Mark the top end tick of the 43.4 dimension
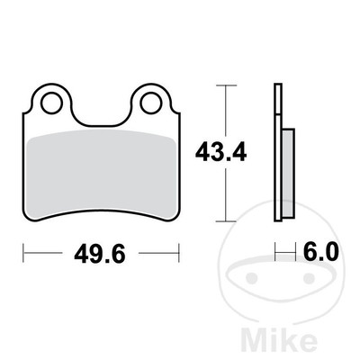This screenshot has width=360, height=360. click(225, 85)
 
